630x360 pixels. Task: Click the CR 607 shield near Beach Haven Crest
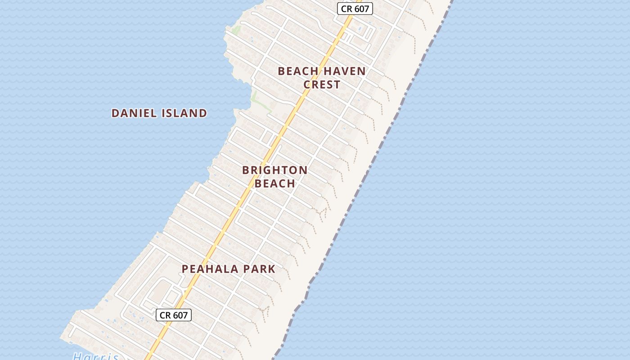pyautogui.click(x=355, y=9)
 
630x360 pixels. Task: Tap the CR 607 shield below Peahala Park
pyautogui.click(x=174, y=315)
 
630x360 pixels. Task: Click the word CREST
pyautogui.click(x=322, y=85)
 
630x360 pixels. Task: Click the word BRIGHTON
pyautogui.click(x=275, y=170)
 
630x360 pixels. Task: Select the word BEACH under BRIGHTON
pyautogui.click(x=275, y=184)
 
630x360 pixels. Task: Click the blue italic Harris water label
pyautogui.click(x=95, y=357)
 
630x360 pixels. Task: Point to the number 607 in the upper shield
pyautogui.click(x=361, y=9)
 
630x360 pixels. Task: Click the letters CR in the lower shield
pyautogui.click(x=165, y=315)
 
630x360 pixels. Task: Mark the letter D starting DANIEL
pyautogui.click(x=115, y=113)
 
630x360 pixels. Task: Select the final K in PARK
pyautogui.click(x=271, y=269)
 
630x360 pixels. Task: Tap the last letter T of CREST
pyautogui.click(x=337, y=85)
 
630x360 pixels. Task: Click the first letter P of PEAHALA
pyautogui.click(x=185, y=269)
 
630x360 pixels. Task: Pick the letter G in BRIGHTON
pyautogui.click(x=270, y=170)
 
